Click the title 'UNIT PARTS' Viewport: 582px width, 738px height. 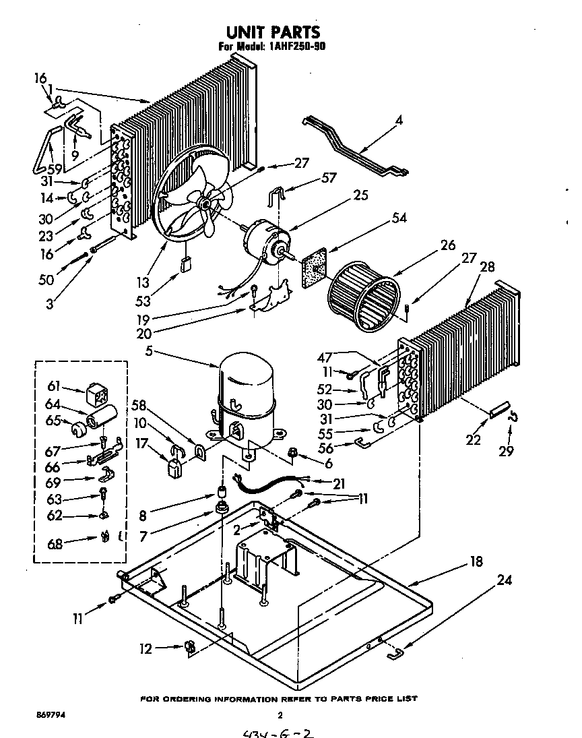click(x=272, y=32)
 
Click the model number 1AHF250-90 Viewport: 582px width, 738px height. click(x=292, y=47)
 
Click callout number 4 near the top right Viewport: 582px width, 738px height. click(x=399, y=121)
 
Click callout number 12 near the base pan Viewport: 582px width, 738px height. click(x=146, y=648)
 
